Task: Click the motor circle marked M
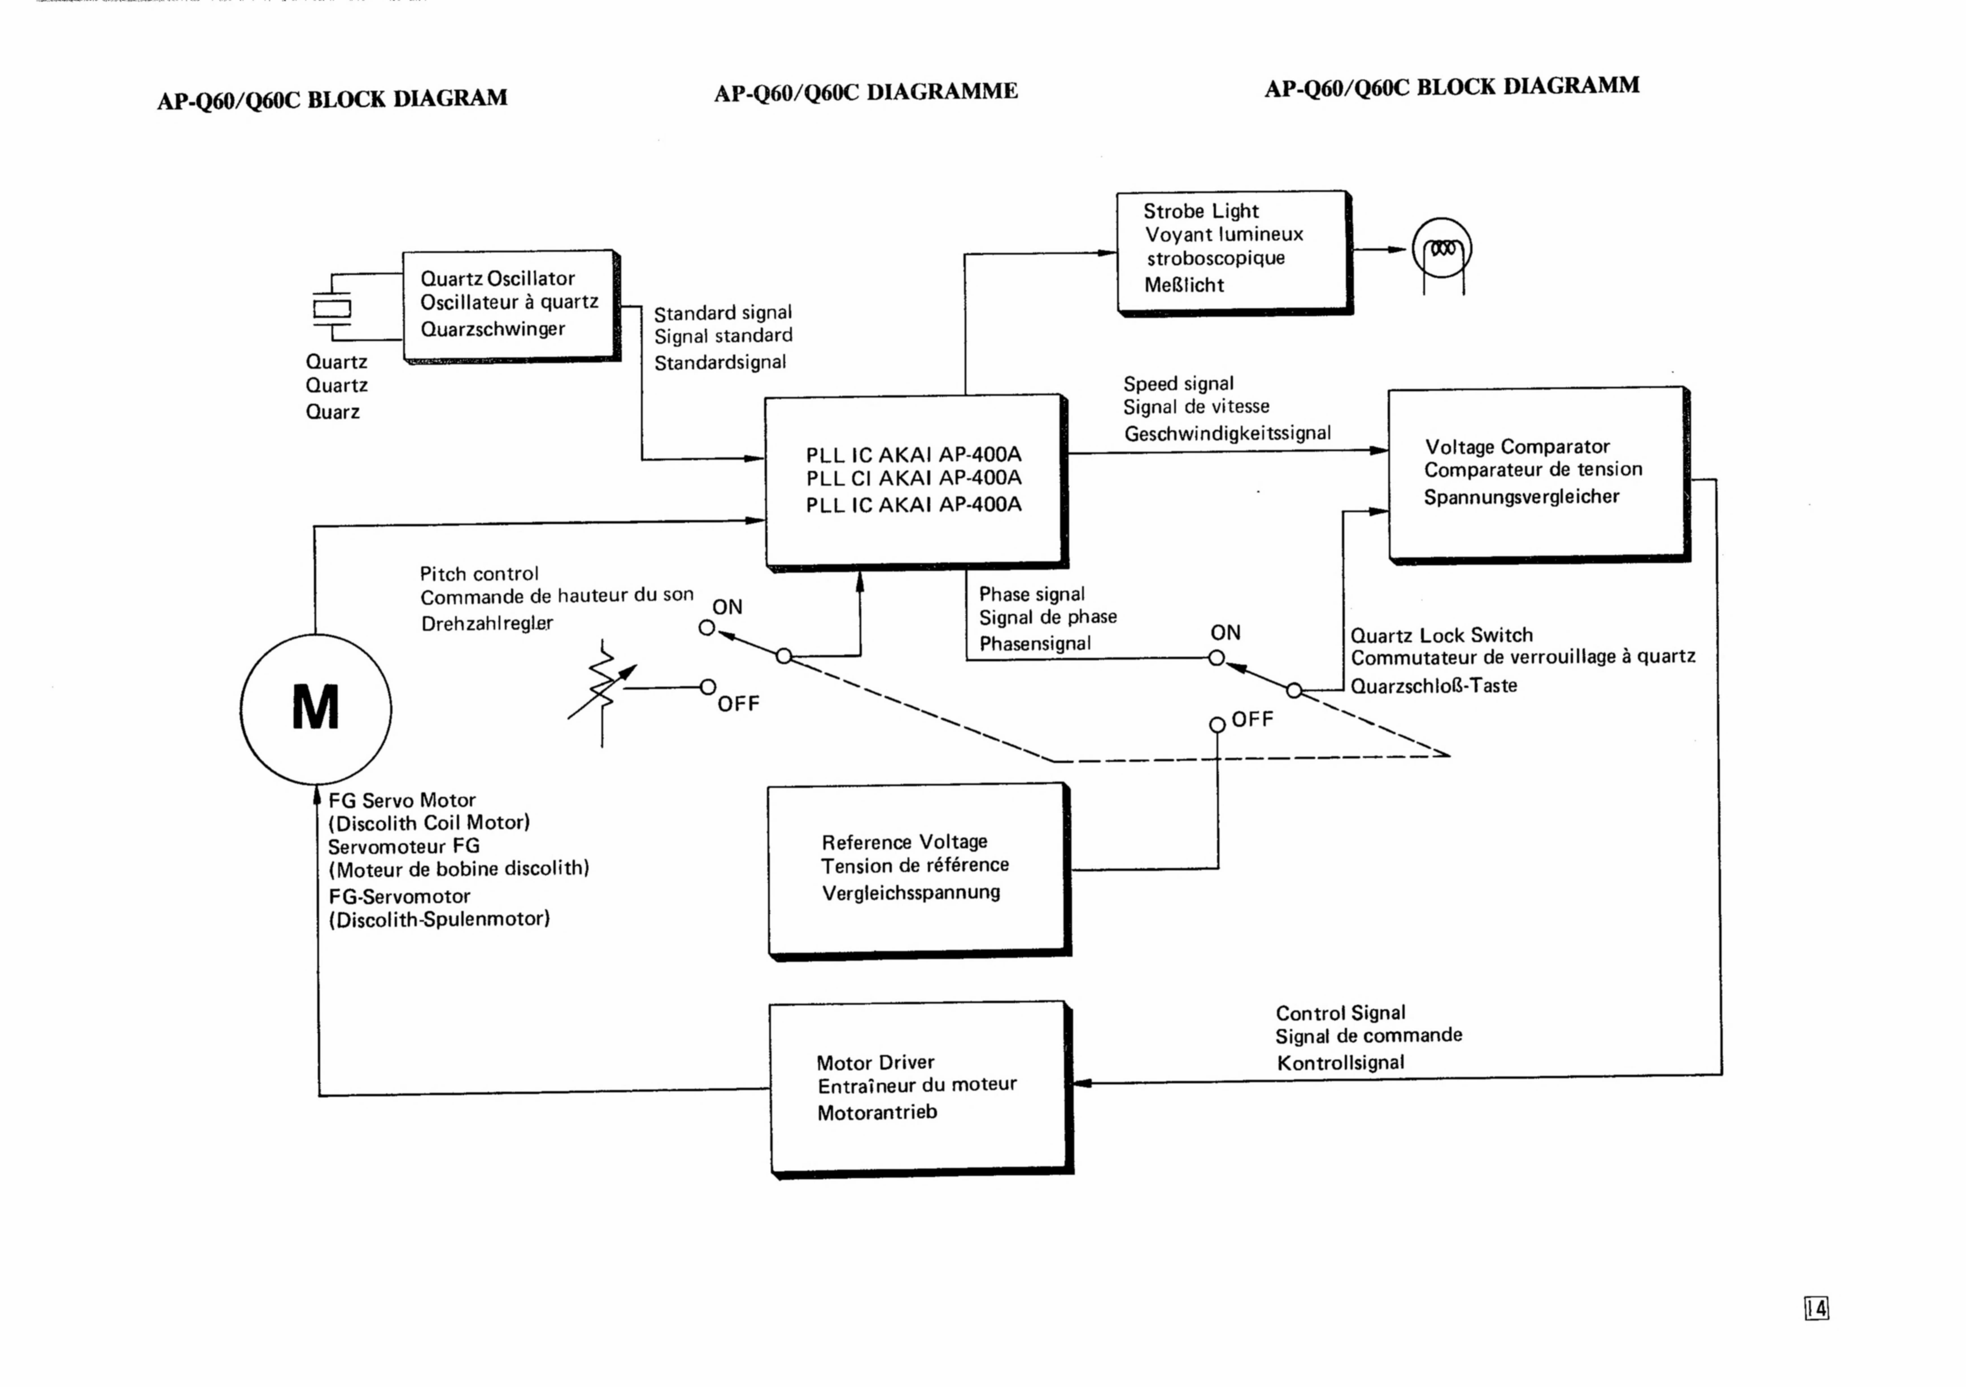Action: point(316,709)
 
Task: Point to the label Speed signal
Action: point(1178,383)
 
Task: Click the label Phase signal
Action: point(1032,594)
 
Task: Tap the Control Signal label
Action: point(1340,1013)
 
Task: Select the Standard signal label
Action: point(723,313)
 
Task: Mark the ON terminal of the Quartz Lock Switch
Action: point(1216,658)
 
